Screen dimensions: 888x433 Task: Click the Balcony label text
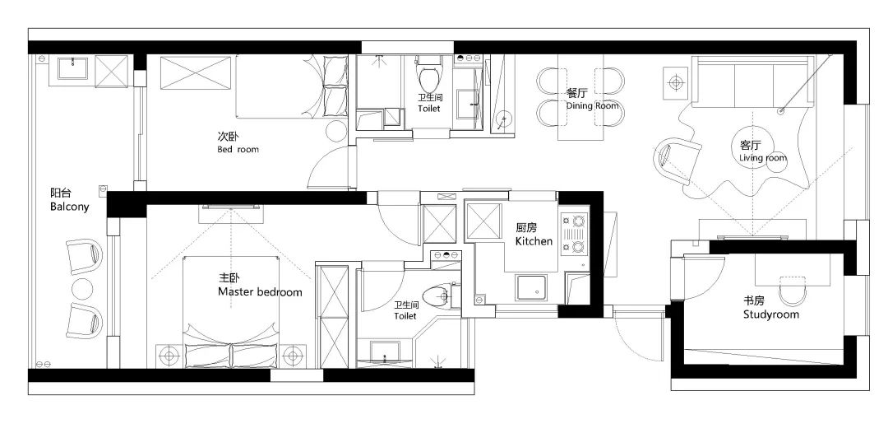tap(70, 207)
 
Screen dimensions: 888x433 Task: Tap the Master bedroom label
tap(260, 292)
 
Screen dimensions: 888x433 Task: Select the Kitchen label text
tap(534, 241)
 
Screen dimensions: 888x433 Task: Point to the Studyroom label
tap(770, 314)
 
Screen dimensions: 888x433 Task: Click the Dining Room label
tap(592, 106)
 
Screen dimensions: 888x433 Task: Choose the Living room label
tap(763, 157)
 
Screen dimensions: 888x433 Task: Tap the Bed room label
tap(238, 150)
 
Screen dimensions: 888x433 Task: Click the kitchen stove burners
tap(576, 233)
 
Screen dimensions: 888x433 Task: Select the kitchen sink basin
tap(531, 288)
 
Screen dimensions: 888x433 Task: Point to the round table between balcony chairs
tap(83, 288)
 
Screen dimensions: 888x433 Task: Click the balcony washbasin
tap(72, 70)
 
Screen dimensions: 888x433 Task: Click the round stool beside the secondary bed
tap(335, 131)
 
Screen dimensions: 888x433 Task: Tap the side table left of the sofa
tap(676, 83)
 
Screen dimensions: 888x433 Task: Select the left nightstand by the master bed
tap(169, 356)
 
